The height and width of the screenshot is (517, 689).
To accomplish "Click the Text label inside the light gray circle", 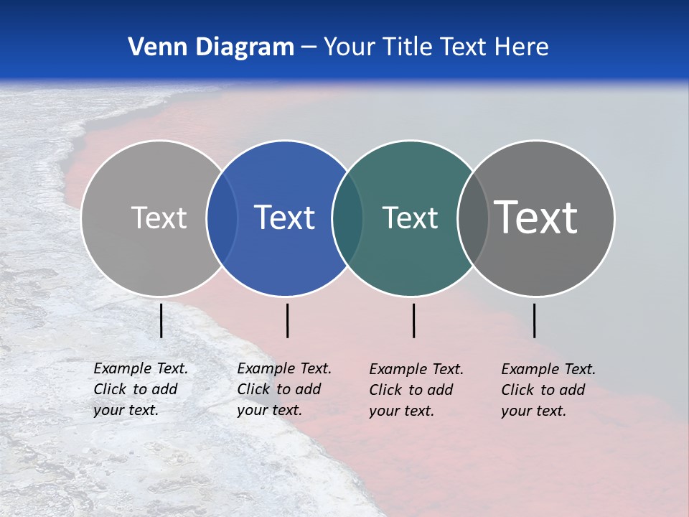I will [x=159, y=218].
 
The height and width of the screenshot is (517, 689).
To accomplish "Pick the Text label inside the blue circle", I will [x=285, y=218].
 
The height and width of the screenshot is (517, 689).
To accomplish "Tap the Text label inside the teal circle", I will [x=410, y=218].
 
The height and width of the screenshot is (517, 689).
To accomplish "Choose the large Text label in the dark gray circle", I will [x=536, y=218].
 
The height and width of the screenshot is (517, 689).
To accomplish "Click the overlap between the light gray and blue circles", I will [x=222, y=218].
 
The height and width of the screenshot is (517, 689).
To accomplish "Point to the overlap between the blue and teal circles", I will [x=347, y=218].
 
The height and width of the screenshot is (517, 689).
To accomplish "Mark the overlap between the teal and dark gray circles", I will [x=473, y=218].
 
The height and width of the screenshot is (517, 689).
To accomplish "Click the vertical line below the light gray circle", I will [x=161, y=320].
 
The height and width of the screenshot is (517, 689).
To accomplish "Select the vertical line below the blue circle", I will [x=287, y=320].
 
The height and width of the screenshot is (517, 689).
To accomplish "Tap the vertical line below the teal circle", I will [x=414, y=320].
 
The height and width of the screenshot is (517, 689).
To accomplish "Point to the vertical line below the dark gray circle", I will [x=535, y=320].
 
